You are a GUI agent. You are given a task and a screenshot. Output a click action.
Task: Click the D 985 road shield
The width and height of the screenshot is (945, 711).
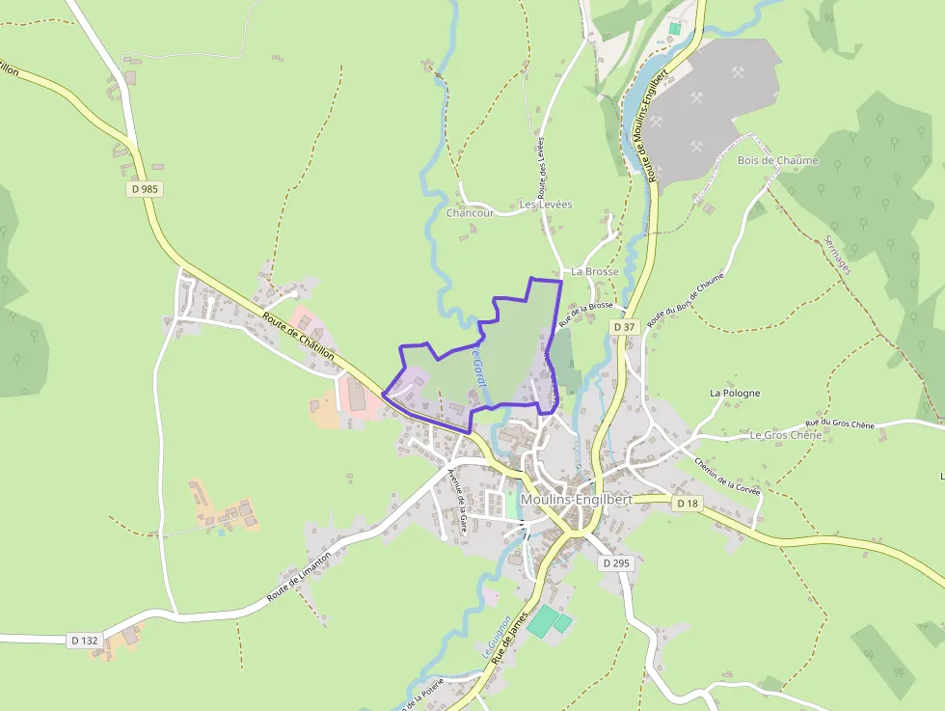tap(144, 189)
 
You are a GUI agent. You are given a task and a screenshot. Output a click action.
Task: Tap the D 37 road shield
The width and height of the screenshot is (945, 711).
tap(625, 327)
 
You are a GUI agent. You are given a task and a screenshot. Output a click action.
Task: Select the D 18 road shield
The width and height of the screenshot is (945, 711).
tap(687, 504)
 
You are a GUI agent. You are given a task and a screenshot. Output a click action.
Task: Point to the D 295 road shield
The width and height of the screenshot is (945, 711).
tap(614, 562)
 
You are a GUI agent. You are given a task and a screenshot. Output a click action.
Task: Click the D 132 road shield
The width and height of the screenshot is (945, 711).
tap(85, 640)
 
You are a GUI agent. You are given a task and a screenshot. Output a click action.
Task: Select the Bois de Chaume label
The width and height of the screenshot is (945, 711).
tap(777, 161)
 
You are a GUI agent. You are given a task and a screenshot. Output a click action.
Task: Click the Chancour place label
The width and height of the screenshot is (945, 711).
tap(471, 212)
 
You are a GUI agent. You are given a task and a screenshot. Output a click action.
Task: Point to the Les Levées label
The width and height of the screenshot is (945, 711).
tap(546, 205)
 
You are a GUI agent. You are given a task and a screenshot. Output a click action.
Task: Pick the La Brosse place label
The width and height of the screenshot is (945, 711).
tap(594, 272)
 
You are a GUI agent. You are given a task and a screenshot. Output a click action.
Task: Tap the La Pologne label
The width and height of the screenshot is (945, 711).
tap(735, 393)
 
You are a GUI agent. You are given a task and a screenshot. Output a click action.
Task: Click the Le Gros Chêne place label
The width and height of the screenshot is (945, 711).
tap(785, 435)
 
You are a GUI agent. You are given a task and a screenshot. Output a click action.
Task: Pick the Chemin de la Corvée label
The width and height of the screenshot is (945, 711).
tap(727, 476)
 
